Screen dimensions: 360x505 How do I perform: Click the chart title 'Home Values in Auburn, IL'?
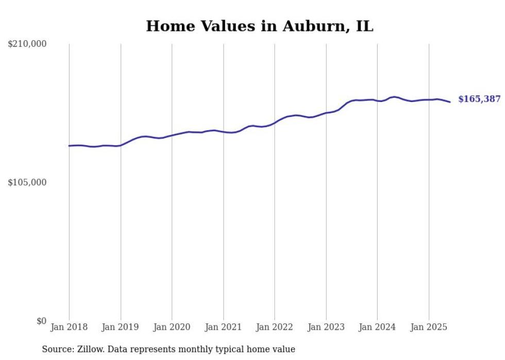260,26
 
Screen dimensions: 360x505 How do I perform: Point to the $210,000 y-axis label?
27,44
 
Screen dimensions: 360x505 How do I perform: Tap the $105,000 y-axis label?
27,182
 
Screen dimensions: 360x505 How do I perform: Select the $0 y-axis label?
41,321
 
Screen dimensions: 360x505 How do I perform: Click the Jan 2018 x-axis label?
69,327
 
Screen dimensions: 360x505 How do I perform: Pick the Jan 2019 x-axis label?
121,327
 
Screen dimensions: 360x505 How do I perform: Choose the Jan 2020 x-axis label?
172,327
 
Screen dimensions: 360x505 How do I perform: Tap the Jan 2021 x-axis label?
223,327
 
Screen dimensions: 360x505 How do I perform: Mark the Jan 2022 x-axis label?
275,327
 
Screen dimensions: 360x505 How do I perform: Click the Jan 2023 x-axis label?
326,327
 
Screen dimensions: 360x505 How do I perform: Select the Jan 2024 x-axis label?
377,327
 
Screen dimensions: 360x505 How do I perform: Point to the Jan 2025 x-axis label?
429,327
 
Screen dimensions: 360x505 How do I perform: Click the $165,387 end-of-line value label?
479,99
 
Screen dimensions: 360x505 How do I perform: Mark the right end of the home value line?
450,102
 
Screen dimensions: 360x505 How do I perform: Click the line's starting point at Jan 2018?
69,146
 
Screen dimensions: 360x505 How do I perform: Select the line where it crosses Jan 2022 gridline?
275,123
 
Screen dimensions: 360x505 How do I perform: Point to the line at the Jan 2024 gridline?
377,100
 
